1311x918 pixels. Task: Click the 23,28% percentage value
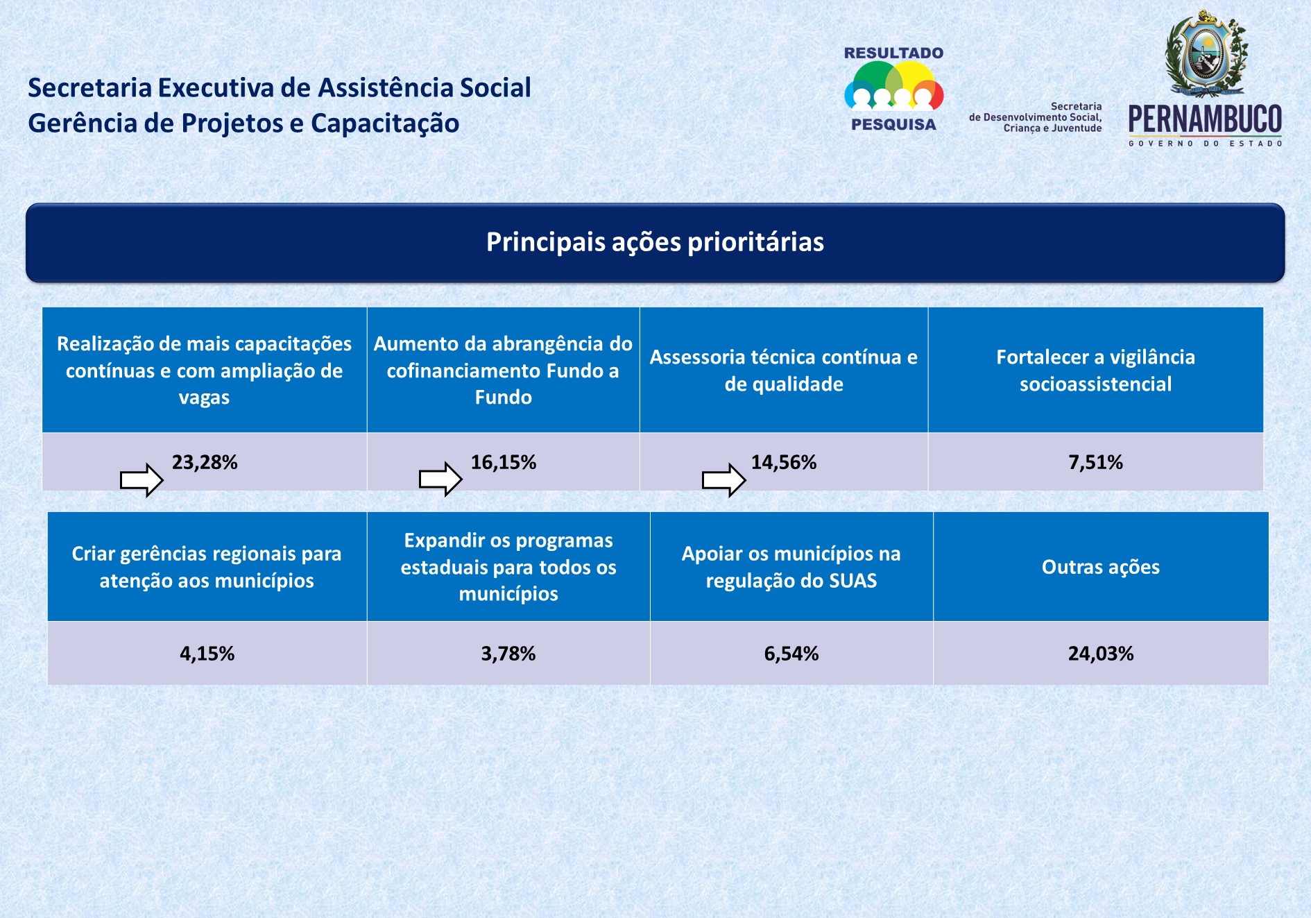click(x=205, y=462)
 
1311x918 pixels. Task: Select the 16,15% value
click(x=504, y=462)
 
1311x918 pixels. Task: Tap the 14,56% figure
click(x=784, y=462)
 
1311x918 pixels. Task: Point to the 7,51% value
click(x=1095, y=462)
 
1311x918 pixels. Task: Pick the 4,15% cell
click(x=207, y=654)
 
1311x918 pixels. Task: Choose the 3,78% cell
click(x=508, y=654)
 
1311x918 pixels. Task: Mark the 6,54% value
click(x=791, y=654)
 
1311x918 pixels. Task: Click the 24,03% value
click(x=1101, y=654)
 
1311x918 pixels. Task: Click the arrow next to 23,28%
click(x=142, y=479)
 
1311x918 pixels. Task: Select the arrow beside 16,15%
click(x=440, y=479)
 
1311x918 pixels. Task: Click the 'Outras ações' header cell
click(x=1101, y=567)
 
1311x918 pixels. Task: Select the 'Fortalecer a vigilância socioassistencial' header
click(x=1095, y=371)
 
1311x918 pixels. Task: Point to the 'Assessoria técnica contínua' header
click(x=784, y=371)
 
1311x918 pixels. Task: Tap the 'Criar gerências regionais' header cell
click(x=207, y=567)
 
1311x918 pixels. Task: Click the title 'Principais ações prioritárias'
click(x=655, y=242)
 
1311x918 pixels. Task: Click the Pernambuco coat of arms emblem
click(x=1206, y=53)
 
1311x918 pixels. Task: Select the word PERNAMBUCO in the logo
click(x=1205, y=119)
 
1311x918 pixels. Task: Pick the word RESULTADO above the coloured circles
click(x=893, y=53)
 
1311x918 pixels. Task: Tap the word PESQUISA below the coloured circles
click(x=893, y=125)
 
